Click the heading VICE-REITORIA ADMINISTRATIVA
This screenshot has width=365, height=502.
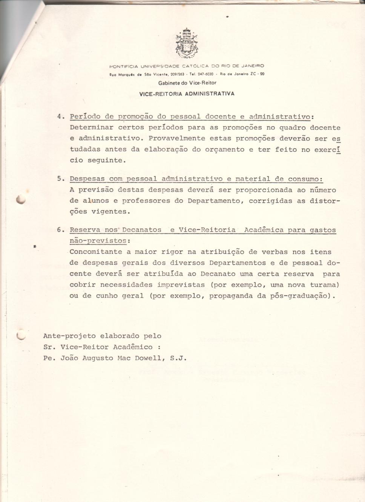pos(187,94)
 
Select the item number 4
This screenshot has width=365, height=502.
pos(60,117)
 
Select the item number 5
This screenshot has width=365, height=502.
pos(60,179)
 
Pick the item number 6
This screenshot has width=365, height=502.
pos(60,230)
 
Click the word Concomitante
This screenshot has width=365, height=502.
pos(96,252)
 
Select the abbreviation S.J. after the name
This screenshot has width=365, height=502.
pos(178,358)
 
